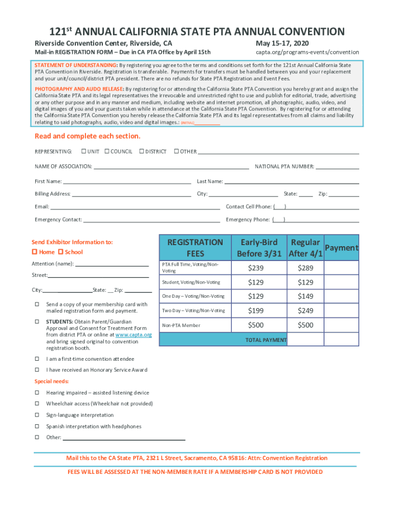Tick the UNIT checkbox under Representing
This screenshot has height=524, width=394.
(x=83, y=151)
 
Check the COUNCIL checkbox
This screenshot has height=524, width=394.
(x=107, y=151)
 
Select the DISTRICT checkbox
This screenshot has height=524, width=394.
(x=142, y=151)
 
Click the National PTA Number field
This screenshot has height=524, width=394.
(x=337, y=166)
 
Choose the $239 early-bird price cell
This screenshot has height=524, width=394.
(x=255, y=268)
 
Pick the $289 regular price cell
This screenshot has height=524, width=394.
(x=305, y=268)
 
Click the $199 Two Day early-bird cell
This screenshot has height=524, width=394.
(x=255, y=311)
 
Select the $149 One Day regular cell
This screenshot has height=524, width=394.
(x=305, y=296)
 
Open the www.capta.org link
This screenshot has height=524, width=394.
(x=134, y=335)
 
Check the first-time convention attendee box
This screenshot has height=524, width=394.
(x=37, y=359)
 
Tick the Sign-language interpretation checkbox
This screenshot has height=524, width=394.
(x=37, y=415)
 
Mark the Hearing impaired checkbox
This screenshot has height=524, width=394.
(x=37, y=392)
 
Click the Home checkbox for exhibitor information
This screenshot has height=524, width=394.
(x=35, y=252)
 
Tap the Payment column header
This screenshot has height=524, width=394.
(x=341, y=248)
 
